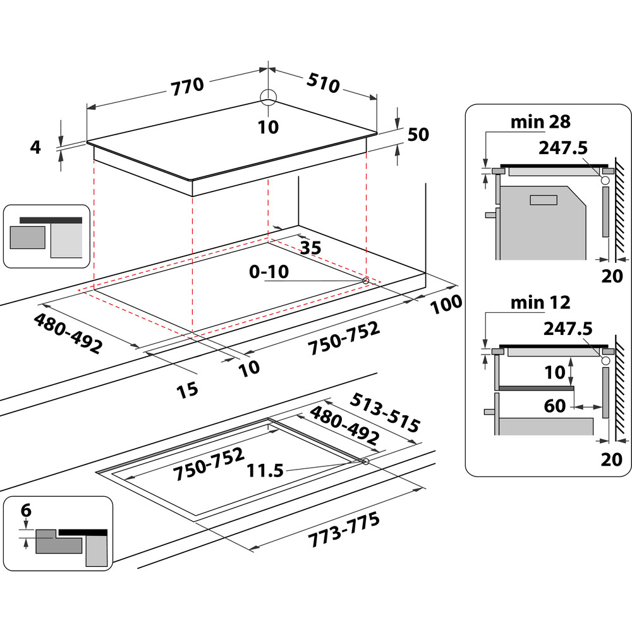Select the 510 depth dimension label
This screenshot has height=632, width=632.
pyautogui.click(x=324, y=82)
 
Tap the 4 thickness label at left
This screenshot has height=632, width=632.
pyautogui.click(x=35, y=147)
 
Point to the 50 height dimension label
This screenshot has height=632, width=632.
pyautogui.click(x=418, y=134)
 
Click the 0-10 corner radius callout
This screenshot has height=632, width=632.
pyautogui.click(x=269, y=272)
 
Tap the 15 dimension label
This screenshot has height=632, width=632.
pyautogui.click(x=188, y=389)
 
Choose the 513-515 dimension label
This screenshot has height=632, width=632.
pyautogui.click(x=385, y=414)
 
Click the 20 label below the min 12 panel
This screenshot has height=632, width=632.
pyautogui.click(x=612, y=459)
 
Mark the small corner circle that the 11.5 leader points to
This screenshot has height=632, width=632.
pyautogui.click(x=367, y=462)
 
